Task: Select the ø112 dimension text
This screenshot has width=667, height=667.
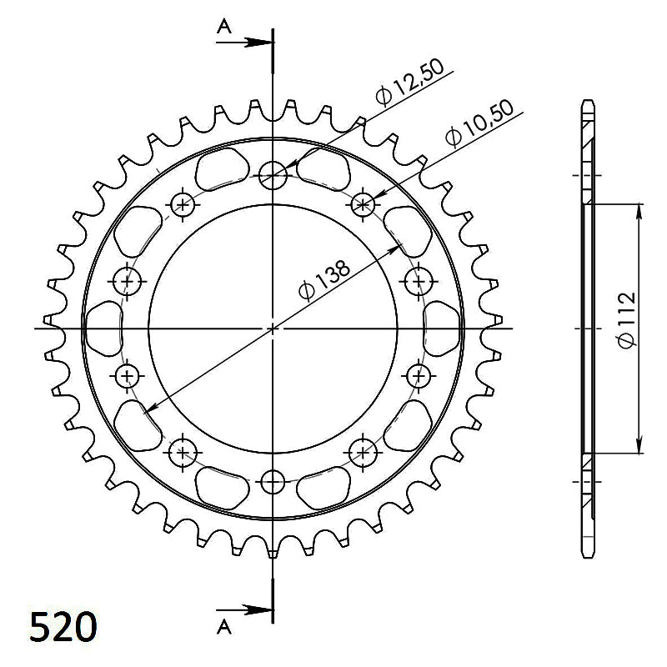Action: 627,320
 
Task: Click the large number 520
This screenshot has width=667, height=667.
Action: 63,627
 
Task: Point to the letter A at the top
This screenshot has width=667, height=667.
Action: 223,27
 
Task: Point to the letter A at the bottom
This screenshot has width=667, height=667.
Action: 223,627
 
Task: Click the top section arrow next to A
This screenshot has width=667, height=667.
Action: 243,43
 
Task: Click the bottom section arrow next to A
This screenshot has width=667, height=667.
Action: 243,609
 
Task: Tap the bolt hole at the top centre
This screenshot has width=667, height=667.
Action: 273,175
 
